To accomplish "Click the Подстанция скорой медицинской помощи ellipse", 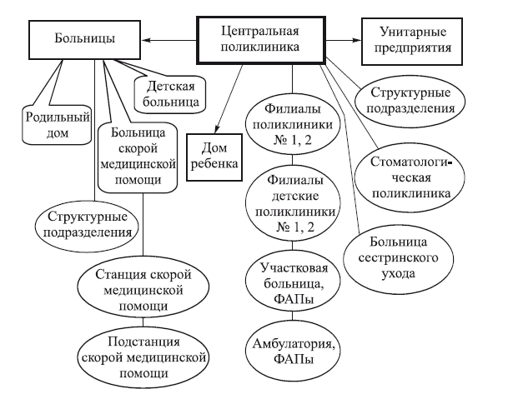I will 144,359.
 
